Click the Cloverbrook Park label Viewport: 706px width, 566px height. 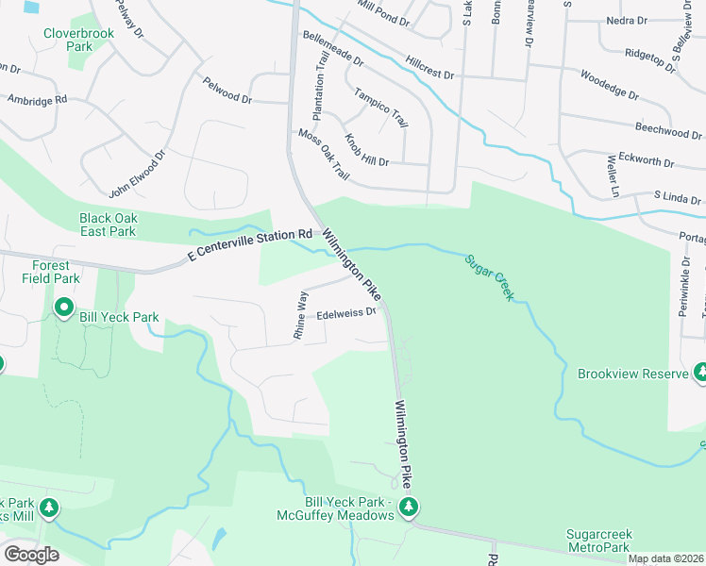pyautogui.click(x=67, y=39)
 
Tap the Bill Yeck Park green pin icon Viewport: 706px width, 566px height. pyautogui.click(x=64, y=307)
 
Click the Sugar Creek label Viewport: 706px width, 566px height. pyautogui.click(x=489, y=277)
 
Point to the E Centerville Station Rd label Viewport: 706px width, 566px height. pyautogui.click(x=250, y=244)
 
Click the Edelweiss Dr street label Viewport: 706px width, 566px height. pyautogui.click(x=346, y=314)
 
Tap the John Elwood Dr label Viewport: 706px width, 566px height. pyautogui.click(x=138, y=174)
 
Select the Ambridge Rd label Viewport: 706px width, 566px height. pyautogui.click(x=37, y=99)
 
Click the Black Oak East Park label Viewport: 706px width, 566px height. pyautogui.click(x=108, y=225)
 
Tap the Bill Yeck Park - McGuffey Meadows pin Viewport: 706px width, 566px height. pyautogui.click(x=409, y=507)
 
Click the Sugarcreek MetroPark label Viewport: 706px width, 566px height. pyautogui.click(x=610, y=541)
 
